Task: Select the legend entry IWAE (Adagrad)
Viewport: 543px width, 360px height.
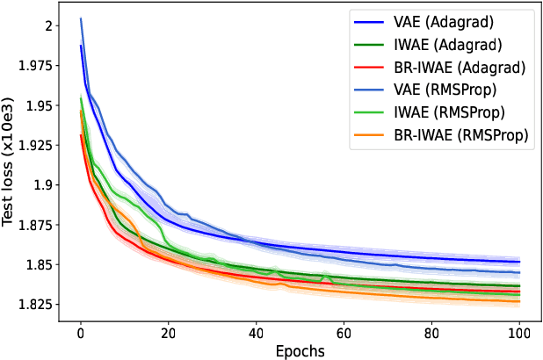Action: (439, 45)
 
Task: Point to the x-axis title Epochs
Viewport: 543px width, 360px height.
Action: (300, 350)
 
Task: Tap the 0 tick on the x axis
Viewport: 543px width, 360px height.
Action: (81, 333)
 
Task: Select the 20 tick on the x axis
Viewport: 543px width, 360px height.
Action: (169, 333)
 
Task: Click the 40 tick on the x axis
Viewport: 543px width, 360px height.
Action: (257, 333)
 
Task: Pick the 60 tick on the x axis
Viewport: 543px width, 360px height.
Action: (344, 333)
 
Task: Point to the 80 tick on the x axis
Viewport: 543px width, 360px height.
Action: (432, 333)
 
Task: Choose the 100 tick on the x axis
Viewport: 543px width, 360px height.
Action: (519, 333)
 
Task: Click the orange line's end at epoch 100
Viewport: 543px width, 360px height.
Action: (519, 301)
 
